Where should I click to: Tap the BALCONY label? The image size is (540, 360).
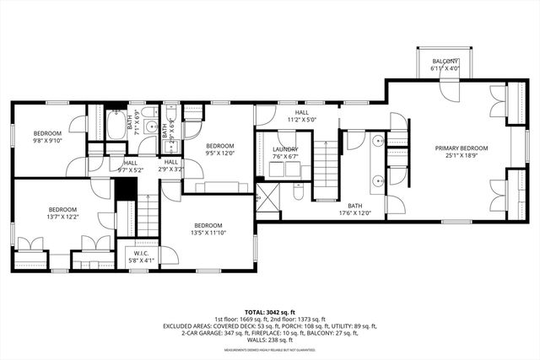point(445,62)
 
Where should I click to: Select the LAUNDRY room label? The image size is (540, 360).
point(284,149)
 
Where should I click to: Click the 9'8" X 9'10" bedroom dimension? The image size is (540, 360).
point(46,141)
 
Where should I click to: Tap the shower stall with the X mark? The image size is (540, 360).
point(268,200)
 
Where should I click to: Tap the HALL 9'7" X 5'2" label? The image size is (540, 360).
point(131,166)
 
